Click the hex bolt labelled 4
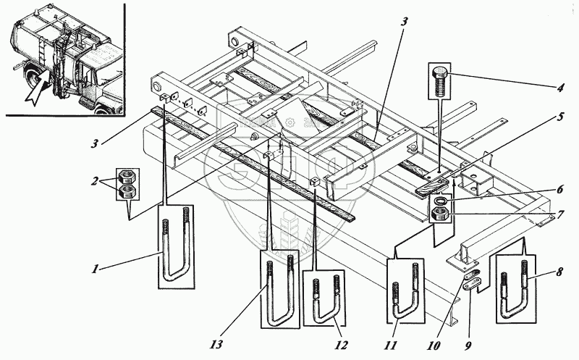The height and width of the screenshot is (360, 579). tap(439, 80)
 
